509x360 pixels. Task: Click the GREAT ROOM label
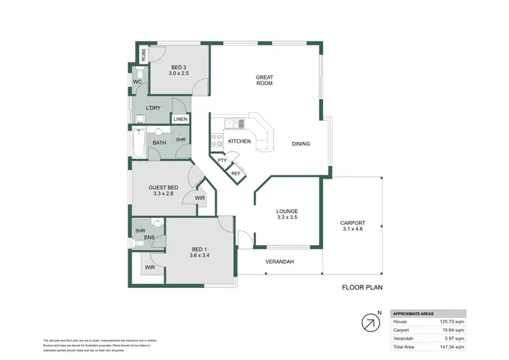264,81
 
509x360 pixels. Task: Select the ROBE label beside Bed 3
143,54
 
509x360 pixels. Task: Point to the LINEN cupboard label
180,120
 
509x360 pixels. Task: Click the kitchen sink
235,124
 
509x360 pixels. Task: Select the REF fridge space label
235,174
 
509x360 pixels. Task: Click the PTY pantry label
222,160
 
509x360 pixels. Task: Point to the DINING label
301,143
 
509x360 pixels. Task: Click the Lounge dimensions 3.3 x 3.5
288,217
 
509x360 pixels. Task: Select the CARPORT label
353,223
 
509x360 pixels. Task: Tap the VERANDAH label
279,261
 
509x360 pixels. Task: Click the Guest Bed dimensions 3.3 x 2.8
164,194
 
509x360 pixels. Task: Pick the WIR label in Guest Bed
200,198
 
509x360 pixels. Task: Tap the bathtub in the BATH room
138,144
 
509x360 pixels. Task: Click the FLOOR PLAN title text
362,287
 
